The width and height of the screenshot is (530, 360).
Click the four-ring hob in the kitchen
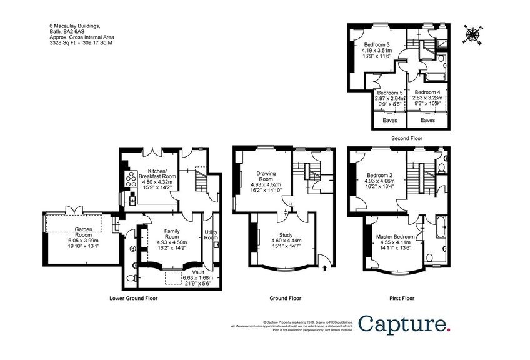click(x=132, y=179)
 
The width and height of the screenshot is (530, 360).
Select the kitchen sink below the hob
click(x=132, y=199)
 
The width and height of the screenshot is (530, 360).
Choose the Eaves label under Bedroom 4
click(x=427, y=119)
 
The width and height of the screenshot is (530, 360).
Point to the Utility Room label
click(x=211, y=235)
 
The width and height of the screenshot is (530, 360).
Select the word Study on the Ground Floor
click(x=286, y=235)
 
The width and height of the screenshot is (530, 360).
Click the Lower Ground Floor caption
click(x=133, y=298)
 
